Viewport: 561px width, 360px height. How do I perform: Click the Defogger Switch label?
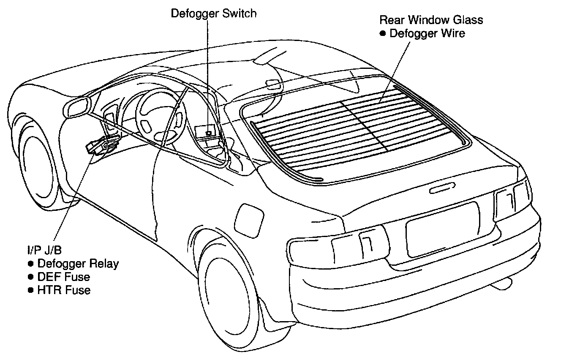pos(213,14)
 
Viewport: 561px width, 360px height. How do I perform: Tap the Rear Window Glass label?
pos(431,19)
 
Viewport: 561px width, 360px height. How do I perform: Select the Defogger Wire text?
pos(427,33)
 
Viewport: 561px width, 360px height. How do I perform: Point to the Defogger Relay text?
pos(78,264)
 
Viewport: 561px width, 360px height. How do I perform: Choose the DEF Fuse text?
pos(64,277)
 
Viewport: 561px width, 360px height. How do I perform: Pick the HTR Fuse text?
pos(64,290)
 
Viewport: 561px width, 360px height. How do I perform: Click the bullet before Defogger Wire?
pos(383,33)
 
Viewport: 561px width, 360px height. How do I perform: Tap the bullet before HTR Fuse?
pos(30,290)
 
